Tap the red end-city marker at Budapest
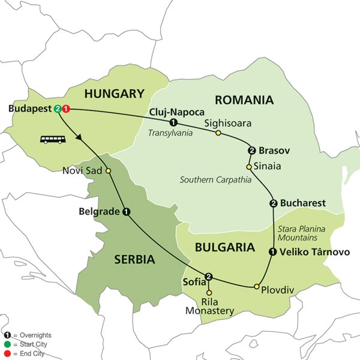tap(66, 109)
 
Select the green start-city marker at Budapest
tap(58, 109)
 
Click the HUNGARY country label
tap(115, 94)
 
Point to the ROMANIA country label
tap(244, 100)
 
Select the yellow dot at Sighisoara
tap(218, 133)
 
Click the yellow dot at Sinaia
tap(248, 166)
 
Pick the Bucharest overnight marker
tap(274, 203)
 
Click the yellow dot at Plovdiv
tap(257, 286)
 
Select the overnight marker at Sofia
tap(209, 277)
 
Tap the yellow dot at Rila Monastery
tap(209, 292)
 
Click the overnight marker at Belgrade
tap(126, 211)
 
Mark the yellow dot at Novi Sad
tap(109, 171)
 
